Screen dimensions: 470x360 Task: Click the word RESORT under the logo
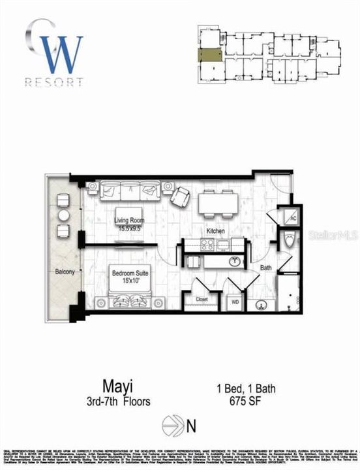pyautogui.click(x=54, y=82)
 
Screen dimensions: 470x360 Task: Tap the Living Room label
pyautogui.click(x=129, y=221)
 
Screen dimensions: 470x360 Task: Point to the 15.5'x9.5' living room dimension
pyautogui.click(x=129, y=228)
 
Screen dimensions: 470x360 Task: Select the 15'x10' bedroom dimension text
pyautogui.click(x=129, y=277)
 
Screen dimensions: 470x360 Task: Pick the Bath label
pyautogui.click(x=267, y=268)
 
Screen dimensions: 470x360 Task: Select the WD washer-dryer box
pyautogui.click(x=234, y=302)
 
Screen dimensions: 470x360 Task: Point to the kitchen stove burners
pyautogui.click(x=207, y=245)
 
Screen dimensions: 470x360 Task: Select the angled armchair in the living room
pyautogui.click(x=180, y=195)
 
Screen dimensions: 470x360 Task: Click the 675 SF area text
pyautogui.click(x=254, y=401)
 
